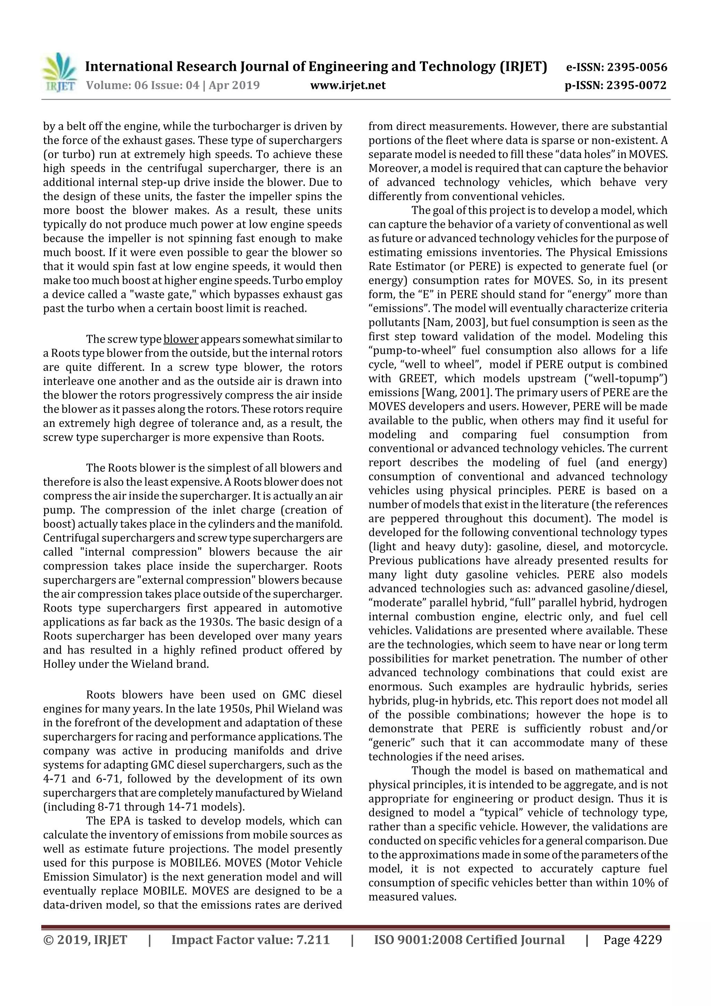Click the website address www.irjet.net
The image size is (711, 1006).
coord(348,85)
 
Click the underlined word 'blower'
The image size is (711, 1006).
coord(181,339)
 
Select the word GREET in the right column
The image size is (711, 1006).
coord(417,379)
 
